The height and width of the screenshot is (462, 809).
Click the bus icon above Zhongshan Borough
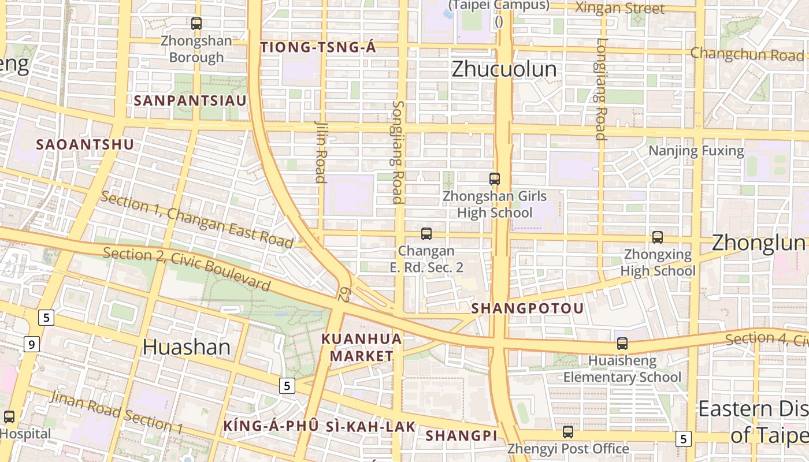[196, 24]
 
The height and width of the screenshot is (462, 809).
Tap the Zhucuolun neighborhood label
[504, 69]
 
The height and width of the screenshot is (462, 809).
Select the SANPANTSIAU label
[190, 100]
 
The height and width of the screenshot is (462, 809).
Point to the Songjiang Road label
[398, 152]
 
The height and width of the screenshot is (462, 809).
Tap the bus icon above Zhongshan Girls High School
[495, 179]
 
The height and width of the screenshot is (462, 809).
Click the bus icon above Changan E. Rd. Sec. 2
[426, 234]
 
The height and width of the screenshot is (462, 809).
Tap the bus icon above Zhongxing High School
[658, 237]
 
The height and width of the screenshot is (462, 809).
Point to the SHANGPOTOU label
[527, 308]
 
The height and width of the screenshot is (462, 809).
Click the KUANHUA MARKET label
[362, 347]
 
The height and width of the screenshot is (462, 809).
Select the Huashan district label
[186, 347]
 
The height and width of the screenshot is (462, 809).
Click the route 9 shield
[31, 345]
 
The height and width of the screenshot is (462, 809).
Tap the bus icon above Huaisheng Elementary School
[622, 344]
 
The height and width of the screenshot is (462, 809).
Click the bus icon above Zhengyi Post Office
[568, 432]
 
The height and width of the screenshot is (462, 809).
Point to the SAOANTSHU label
[85, 144]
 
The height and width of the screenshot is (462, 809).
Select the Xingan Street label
[620, 8]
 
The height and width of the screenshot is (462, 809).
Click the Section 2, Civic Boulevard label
[187, 269]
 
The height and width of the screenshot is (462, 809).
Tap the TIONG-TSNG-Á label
[318, 48]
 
